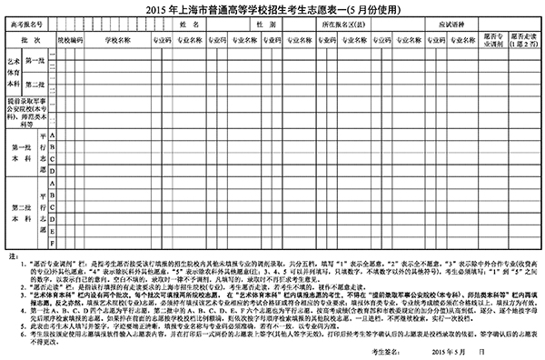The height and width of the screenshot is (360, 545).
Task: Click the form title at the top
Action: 272,9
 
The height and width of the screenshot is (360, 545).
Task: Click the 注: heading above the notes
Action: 10,259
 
